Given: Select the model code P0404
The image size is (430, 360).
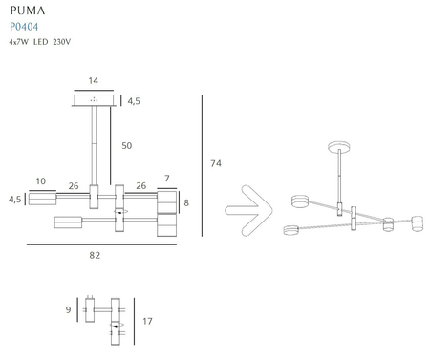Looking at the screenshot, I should point(23,27).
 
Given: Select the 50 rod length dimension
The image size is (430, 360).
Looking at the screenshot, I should point(125,145).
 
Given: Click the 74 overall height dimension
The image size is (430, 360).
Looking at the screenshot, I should point(216,164).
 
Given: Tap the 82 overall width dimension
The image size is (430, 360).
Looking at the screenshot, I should point(94,255).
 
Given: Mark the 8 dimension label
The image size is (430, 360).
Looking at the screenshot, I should point(186,202).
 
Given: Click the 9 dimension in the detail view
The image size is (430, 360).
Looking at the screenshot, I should point(68,309).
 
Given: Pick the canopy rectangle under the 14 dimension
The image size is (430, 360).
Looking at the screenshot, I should point(94,100).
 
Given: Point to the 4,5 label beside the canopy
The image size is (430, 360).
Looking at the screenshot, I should point(134,101).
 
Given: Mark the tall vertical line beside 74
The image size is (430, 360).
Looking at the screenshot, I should point(203,168).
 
